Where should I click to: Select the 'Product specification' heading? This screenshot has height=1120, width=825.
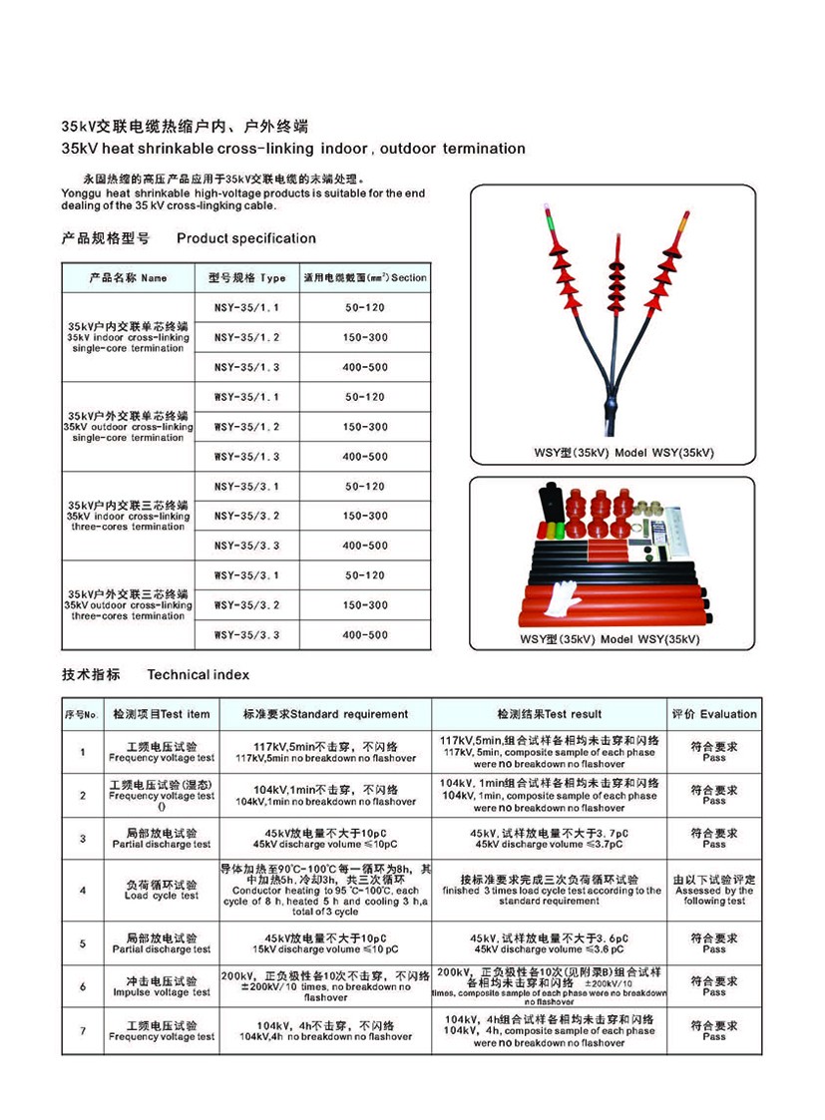(x=245, y=238)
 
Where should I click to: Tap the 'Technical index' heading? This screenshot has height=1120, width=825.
(x=198, y=675)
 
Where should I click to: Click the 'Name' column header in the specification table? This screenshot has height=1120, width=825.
(x=129, y=278)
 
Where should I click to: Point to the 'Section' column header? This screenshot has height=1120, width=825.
(x=365, y=278)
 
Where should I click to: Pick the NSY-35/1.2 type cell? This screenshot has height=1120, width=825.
(x=247, y=337)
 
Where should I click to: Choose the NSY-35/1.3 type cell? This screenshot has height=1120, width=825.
(x=247, y=367)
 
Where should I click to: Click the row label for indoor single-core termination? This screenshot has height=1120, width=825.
(x=129, y=337)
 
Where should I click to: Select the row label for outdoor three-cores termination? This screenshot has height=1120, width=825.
(x=129, y=604)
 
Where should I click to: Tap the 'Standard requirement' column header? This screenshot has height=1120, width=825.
(x=326, y=714)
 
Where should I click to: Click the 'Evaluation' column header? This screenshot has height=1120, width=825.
(x=714, y=714)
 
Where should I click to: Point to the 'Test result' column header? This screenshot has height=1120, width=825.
(x=550, y=714)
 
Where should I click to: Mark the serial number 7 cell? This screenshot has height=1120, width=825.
(x=83, y=1030)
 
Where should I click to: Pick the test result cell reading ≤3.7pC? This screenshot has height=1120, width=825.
(x=550, y=838)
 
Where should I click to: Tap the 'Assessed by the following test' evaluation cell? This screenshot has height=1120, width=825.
(x=714, y=890)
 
